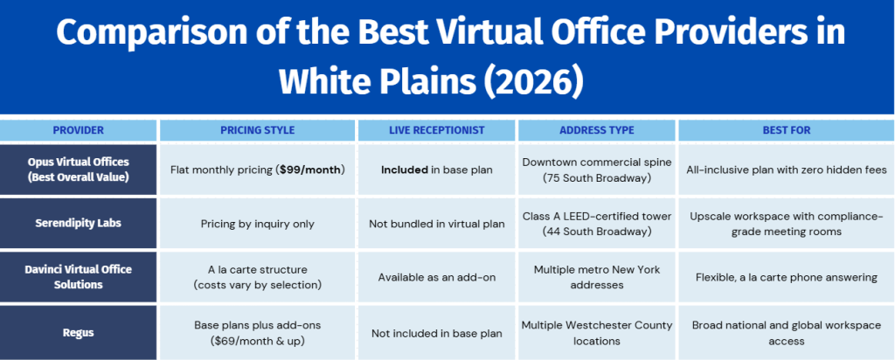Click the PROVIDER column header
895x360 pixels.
tap(78, 131)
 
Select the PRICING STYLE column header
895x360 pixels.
tap(258, 131)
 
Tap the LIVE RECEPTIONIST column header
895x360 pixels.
tap(437, 131)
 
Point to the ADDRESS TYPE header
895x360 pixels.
tap(596, 131)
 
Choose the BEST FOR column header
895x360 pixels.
tap(786, 131)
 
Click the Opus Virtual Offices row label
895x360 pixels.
tap(78, 170)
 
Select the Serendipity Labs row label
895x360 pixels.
tap(78, 223)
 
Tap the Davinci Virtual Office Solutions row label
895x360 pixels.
tap(78, 277)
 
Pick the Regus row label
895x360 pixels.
tap(78, 333)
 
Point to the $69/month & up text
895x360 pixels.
tap(258, 341)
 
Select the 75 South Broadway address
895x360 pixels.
tap(596, 177)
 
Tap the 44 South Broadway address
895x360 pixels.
tap(596, 231)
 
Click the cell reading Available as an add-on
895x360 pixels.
tap(437, 277)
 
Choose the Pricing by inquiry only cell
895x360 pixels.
tap(258, 224)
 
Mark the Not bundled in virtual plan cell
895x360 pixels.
tap(437, 224)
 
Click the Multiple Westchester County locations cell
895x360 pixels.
tap(596, 333)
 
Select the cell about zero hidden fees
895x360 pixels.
tap(786, 170)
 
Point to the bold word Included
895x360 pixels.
tap(405, 170)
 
